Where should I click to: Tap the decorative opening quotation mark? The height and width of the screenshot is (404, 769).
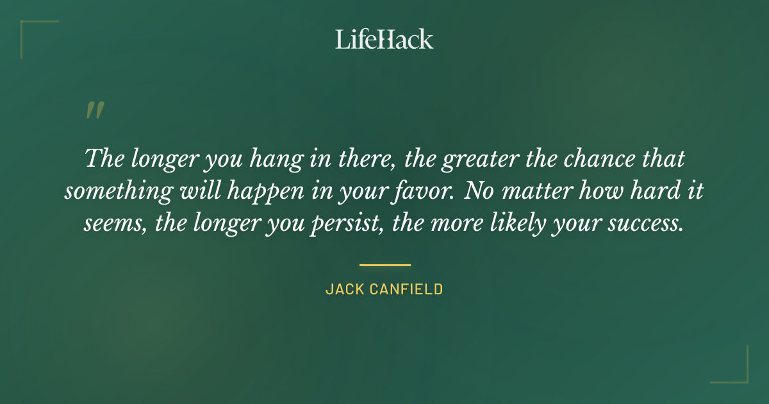point(94,111)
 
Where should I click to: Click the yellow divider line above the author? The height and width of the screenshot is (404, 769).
point(384,264)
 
